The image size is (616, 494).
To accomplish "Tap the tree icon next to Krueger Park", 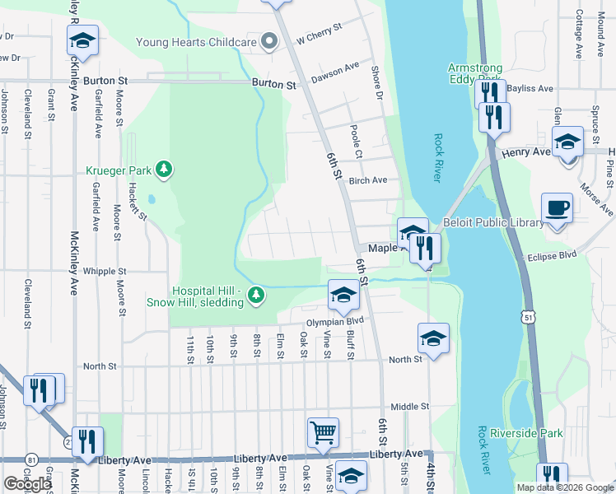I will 165,170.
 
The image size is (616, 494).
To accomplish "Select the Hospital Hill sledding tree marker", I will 258,295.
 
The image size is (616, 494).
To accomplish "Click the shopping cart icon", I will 323,431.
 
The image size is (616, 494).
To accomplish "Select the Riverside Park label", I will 525,433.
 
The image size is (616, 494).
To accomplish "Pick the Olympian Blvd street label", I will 335,322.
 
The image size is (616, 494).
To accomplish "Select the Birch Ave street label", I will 367,180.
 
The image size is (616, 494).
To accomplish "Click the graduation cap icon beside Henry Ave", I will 567,141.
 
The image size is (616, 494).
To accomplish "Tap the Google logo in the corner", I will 27,484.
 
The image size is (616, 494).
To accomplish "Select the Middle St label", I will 410,407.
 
